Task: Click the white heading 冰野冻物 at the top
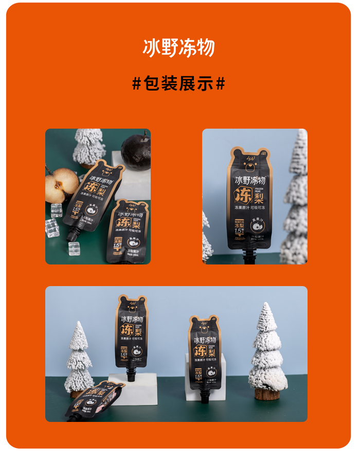(178, 48)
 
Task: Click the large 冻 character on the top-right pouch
(243, 197)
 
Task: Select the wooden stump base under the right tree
(268, 394)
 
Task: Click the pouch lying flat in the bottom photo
(95, 399)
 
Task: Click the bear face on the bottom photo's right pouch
(204, 328)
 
